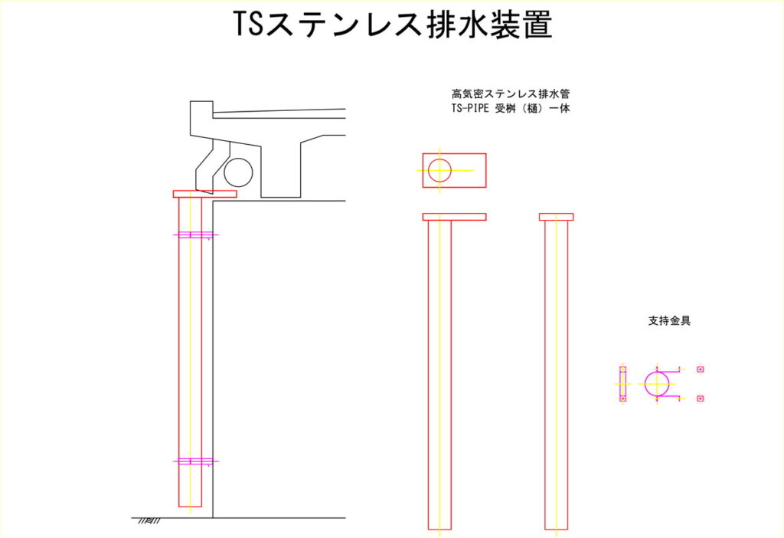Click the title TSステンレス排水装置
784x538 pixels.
[x=393, y=24]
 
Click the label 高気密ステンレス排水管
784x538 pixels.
[x=511, y=93]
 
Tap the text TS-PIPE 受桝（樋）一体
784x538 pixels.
[x=511, y=108]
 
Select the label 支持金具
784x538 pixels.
[x=669, y=321]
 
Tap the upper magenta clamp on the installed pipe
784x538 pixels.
[x=195, y=235]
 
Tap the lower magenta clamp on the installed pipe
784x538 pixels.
[x=195, y=461]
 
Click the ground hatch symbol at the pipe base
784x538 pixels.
[x=149, y=521]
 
